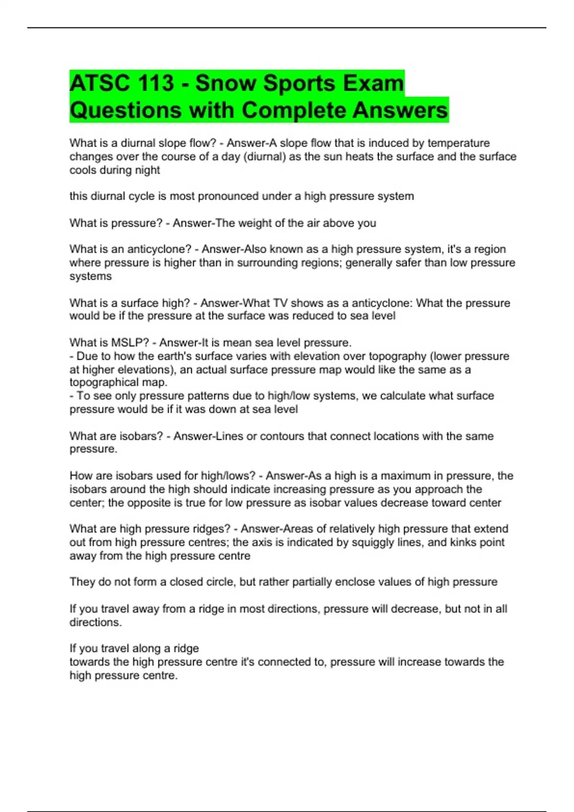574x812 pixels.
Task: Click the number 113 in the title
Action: [x=155, y=83]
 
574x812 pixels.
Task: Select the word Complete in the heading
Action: [x=293, y=110]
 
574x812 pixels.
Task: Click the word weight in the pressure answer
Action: [x=254, y=223]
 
